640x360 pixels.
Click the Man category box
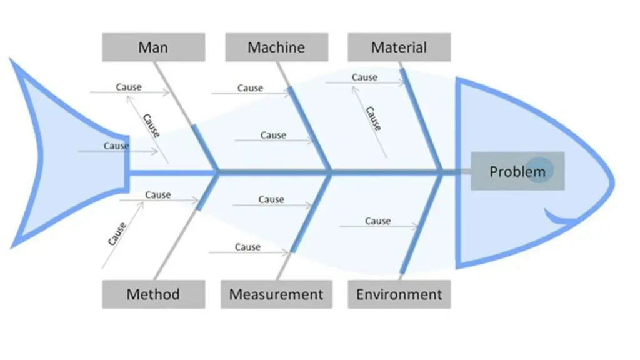[153, 47]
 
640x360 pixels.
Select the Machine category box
[276, 47]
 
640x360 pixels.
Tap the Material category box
[399, 47]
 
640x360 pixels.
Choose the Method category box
[153, 294]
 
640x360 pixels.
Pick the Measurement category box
[276, 294]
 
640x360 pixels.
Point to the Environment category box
[399, 294]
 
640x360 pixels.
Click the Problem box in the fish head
[517, 171]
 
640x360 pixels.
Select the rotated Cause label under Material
[373, 118]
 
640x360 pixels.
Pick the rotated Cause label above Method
[117, 234]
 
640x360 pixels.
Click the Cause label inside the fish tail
[116, 146]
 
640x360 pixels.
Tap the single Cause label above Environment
[377, 221]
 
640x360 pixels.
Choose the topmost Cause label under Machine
[250, 88]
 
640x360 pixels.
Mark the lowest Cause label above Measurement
[247, 247]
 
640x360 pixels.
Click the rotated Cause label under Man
[151, 125]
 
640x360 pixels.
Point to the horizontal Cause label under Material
[364, 77]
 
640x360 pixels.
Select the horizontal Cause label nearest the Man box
[129, 87]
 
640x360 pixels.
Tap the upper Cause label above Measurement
[271, 199]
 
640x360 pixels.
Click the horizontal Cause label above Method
[158, 195]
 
